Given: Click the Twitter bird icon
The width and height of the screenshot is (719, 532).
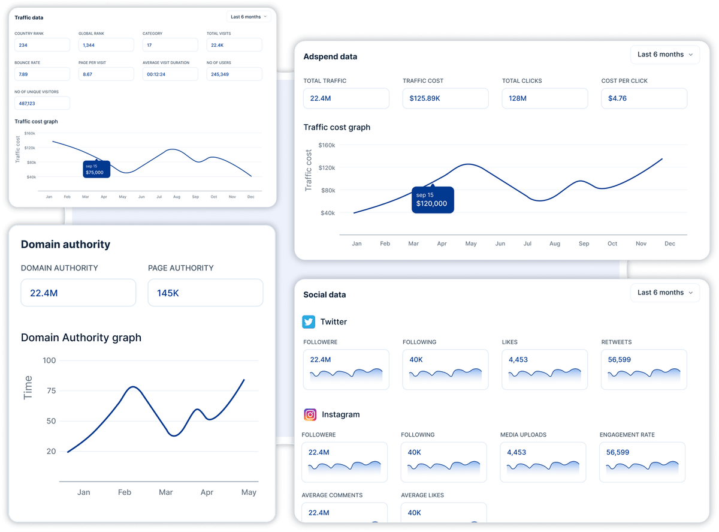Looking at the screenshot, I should pyautogui.click(x=309, y=322).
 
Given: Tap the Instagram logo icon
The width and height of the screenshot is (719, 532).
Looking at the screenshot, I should pyautogui.click(x=310, y=414).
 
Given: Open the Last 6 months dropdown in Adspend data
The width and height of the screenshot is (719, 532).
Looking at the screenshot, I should pyautogui.click(x=665, y=55).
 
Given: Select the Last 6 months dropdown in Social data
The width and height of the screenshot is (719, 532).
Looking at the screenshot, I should pyautogui.click(x=665, y=293).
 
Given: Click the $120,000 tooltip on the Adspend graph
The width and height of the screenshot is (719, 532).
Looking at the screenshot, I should pyautogui.click(x=433, y=200).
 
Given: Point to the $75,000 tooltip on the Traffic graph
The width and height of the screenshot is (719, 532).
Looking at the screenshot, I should pyautogui.click(x=96, y=169).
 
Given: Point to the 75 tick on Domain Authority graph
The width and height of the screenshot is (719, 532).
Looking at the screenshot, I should pyautogui.click(x=51, y=390).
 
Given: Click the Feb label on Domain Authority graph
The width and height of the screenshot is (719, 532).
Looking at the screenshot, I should pyautogui.click(x=125, y=492).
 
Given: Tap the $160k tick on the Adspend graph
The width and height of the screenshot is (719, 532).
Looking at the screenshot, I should pyautogui.click(x=327, y=145).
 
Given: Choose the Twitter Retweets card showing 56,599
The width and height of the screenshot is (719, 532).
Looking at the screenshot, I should pyautogui.click(x=644, y=369).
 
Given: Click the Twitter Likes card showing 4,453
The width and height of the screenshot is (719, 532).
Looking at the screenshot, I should pyautogui.click(x=545, y=369).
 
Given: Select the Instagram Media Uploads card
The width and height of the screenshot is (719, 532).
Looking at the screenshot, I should pyautogui.click(x=543, y=462).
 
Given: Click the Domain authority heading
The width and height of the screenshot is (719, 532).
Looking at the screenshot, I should pyautogui.click(x=65, y=245).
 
